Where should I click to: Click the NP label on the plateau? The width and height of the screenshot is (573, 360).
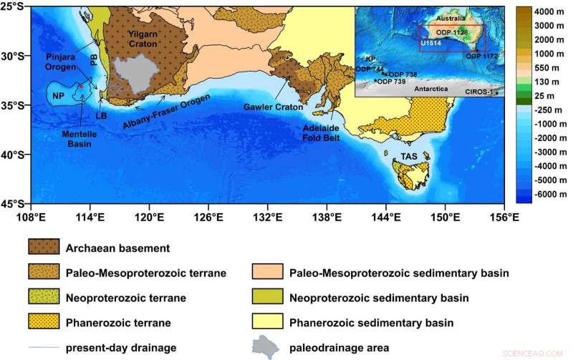pyautogui.click(x=58, y=94)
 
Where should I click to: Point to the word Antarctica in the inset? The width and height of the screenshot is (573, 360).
pyautogui.click(x=430, y=88)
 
